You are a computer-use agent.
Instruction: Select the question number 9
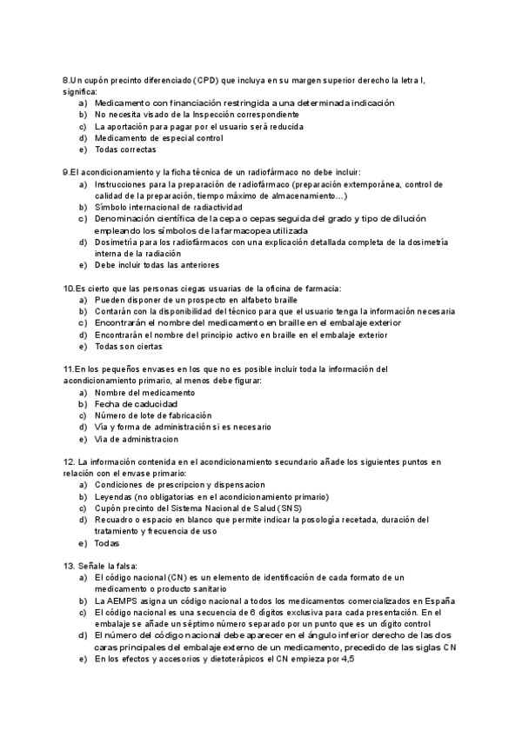68,172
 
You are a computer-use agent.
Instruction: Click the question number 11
70,369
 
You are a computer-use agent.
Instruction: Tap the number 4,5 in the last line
346,659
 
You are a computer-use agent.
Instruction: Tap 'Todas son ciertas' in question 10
129,346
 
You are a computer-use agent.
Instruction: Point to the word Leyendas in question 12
114,496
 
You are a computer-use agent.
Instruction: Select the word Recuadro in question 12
115,520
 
